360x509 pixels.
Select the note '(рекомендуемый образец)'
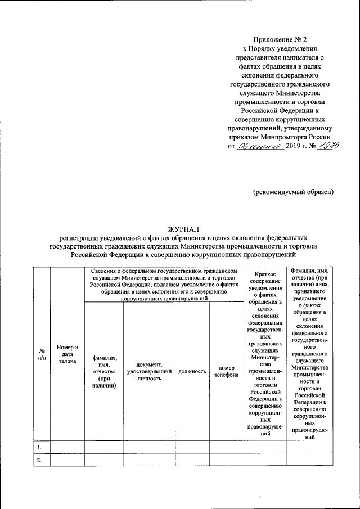click(x=292, y=191)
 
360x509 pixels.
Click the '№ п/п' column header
click(x=42, y=354)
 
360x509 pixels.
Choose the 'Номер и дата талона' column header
click(x=67, y=354)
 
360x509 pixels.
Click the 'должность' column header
click(x=192, y=371)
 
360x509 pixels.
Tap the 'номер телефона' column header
click(x=226, y=371)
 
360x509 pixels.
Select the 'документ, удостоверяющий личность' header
click(x=149, y=371)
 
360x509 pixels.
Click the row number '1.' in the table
click(x=40, y=447)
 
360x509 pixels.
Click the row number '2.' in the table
click(x=40, y=460)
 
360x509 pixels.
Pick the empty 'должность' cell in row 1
click(x=192, y=447)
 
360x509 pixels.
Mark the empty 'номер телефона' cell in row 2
click(x=226, y=460)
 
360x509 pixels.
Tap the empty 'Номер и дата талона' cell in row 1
click(x=67, y=447)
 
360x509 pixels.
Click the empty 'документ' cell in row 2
click(x=149, y=460)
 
